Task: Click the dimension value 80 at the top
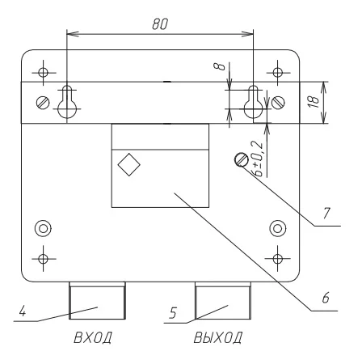[160, 24]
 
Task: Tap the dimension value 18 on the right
[314, 102]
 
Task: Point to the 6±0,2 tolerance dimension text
[258, 159]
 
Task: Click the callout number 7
[326, 214]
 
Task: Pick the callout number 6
[326, 298]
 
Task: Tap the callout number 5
[173, 313]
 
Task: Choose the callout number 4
[23, 311]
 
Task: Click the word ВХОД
[93, 337]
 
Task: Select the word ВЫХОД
[217, 337]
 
